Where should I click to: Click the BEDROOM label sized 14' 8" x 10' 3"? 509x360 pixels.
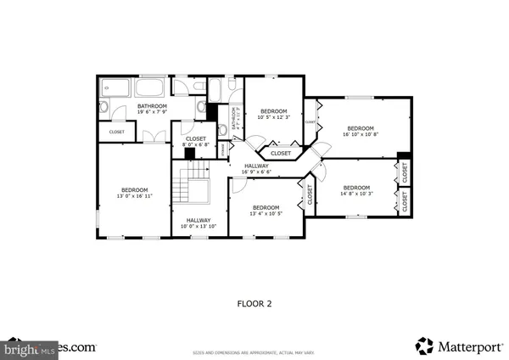[356, 187]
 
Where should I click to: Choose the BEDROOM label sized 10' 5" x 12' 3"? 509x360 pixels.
[274, 111]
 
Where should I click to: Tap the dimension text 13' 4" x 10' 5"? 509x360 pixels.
[266, 213]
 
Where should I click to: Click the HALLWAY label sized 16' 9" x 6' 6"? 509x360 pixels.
[256, 166]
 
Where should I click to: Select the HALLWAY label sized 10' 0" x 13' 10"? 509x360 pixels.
[198, 221]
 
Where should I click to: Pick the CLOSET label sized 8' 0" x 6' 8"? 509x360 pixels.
[195, 138]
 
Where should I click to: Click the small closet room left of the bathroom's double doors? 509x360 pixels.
[116, 132]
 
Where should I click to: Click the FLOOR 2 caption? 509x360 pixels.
[254, 301]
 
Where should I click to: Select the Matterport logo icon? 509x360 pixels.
[424, 345]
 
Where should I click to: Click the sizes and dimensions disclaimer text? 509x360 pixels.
[255, 351]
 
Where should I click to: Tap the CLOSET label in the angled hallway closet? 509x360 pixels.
[281, 154]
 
